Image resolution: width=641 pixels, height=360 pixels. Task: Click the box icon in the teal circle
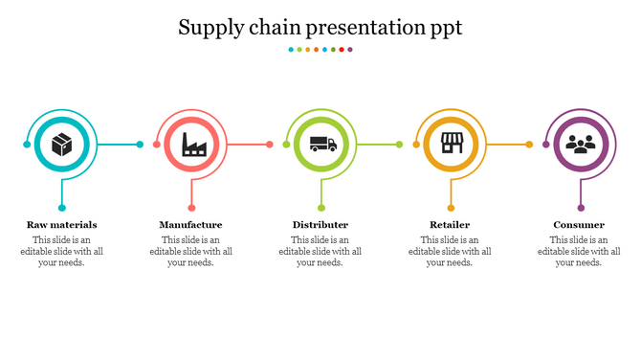(x=62, y=145)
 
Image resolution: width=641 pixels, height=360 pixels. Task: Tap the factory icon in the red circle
(x=192, y=145)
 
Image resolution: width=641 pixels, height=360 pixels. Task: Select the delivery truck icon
(x=322, y=145)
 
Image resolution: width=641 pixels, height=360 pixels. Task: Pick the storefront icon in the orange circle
(x=451, y=145)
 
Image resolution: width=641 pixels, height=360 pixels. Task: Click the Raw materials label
(x=62, y=225)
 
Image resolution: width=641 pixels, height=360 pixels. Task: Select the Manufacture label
(x=190, y=225)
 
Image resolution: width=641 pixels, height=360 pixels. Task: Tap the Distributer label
(x=320, y=225)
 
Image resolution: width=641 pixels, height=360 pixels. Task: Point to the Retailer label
(x=450, y=225)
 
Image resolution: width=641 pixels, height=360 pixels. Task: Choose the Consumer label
(x=579, y=225)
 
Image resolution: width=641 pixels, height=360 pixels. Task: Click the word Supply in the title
(x=210, y=29)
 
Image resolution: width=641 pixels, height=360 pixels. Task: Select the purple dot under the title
(x=351, y=49)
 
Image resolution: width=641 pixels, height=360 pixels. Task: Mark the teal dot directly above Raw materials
(x=62, y=208)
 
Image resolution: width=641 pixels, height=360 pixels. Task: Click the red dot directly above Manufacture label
(x=191, y=208)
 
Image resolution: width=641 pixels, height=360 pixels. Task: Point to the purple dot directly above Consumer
(x=580, y=208)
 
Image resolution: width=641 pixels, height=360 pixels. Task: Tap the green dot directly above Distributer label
(x=321, y=208)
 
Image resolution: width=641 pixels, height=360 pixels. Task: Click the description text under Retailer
(x=450, y=251)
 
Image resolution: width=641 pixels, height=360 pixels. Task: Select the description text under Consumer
(x=579, y=251)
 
